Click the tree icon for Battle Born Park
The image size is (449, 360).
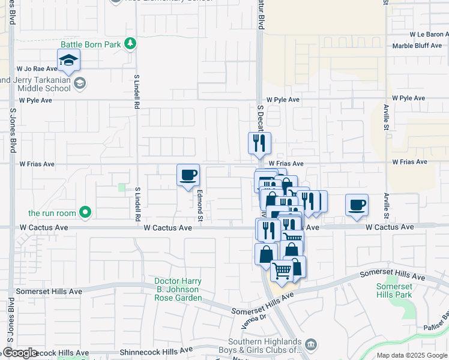(x=130, y=44)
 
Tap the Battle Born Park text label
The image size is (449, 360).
(x=91, y=44)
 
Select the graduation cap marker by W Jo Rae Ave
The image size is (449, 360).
(x=69, y=60)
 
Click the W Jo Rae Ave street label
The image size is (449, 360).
(x=37, y=69)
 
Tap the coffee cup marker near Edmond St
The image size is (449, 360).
(x=188, y=175)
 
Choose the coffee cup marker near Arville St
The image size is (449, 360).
(x=357, y=205)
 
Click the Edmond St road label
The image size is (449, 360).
(x=200, y=205)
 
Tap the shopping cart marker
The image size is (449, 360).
(x=282, y=271)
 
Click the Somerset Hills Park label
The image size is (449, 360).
(x=394, y=290)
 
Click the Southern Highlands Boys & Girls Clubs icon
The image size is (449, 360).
(x=311, y=344)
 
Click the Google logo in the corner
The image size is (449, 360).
(x=19, y=353)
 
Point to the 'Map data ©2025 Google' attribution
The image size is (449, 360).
(x=411, y=355)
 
